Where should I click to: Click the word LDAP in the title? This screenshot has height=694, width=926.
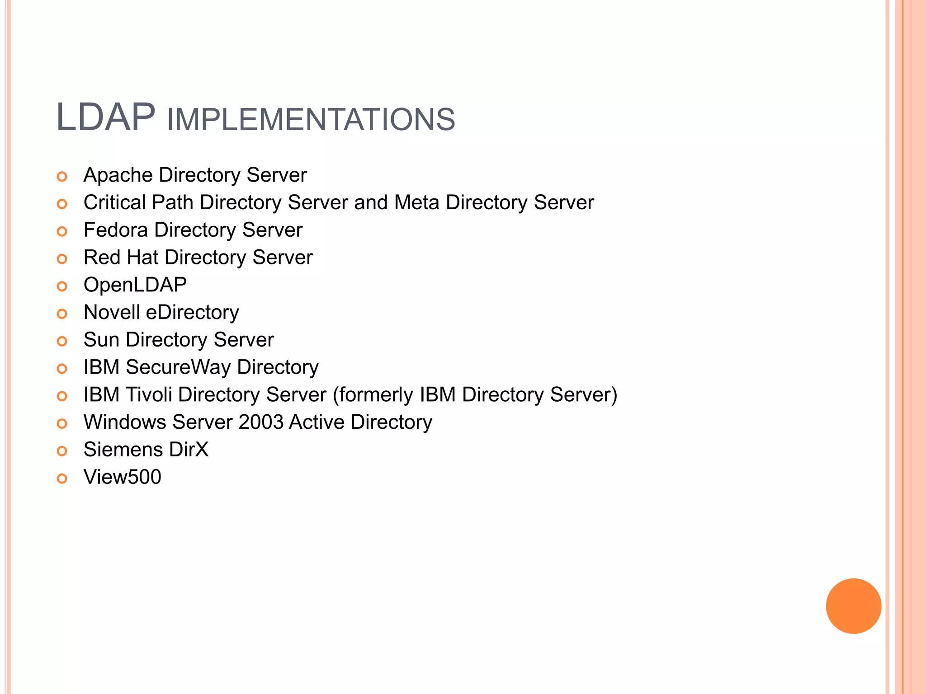click(x=105, y=118)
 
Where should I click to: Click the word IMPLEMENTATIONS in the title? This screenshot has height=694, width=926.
click(x=311, y=120)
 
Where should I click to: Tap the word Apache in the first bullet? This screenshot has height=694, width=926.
click(x=118, y=175)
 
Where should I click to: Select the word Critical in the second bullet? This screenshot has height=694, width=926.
click(x=114, y=202)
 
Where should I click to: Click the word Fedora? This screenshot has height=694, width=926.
click(x=116, y=230)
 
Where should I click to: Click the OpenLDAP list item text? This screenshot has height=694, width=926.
click(x=135, y=285)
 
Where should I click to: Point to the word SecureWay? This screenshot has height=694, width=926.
click(x=178, y=367)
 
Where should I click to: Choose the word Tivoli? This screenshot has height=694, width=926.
click(x=149, y=395)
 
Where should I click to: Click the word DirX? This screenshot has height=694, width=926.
click(x=189, y=450)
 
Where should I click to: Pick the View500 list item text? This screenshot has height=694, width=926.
click(x=122, y=477)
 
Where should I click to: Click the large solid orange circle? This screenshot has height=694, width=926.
click(x=853, y=606)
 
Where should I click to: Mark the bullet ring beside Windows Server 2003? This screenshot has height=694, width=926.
click(x=62, y=424)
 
